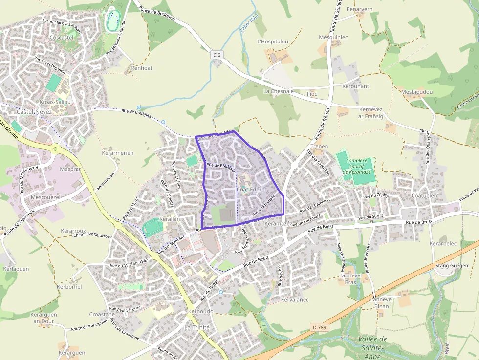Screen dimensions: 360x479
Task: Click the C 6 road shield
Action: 217,55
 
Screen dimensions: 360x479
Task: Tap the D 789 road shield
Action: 319,327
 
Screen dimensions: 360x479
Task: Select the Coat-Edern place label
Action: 250,189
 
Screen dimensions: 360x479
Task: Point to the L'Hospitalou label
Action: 272,42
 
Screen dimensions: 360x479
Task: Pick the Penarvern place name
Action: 359,9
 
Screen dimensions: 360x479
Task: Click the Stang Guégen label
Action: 451,266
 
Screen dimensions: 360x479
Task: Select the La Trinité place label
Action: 197,327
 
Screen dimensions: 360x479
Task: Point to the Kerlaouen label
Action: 16,269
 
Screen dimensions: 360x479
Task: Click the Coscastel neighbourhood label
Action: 62,37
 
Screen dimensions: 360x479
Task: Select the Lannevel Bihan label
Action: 382,303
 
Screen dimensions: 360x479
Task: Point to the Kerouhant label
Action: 355,86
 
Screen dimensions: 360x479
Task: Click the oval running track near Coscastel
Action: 112,20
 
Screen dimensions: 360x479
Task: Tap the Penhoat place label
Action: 142,68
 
